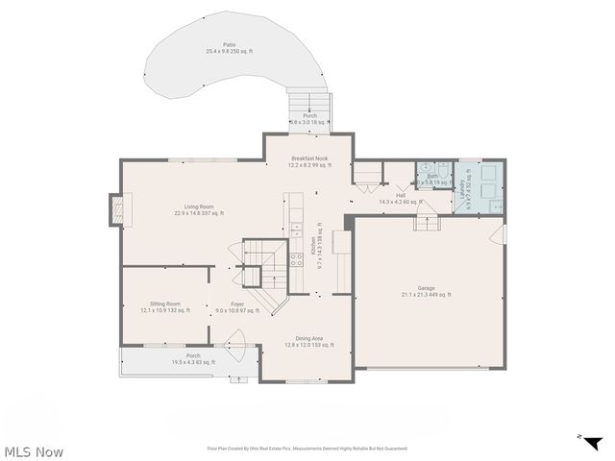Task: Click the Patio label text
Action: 229,48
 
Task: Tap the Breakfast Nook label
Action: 309,162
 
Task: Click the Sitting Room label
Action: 165,307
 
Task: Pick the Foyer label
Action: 236,307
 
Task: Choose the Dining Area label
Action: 308,341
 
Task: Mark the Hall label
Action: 400,199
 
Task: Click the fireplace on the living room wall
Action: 117,210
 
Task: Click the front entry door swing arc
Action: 237,342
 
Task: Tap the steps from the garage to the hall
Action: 427,223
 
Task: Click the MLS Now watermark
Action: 34,450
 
